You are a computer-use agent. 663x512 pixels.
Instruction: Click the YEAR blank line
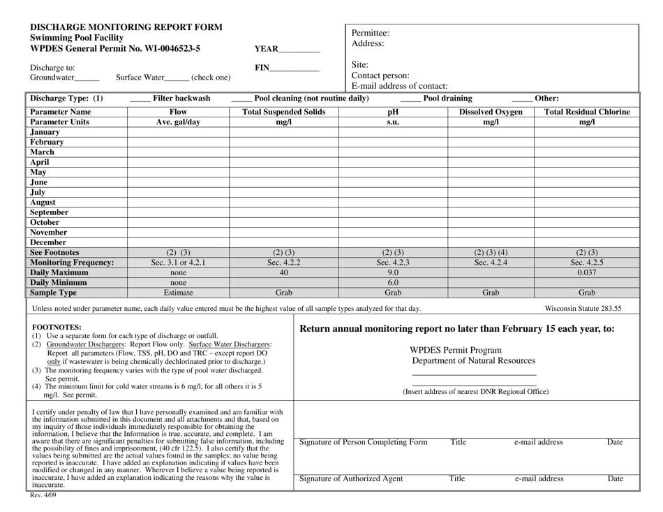point(299,51)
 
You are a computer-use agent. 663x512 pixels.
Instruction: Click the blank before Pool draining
point(410,100)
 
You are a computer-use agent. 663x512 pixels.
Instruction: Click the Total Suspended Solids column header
point(283,111)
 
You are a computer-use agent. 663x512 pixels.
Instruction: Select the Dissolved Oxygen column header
point(491,111)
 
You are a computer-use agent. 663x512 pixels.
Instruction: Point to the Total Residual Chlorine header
point(587,111)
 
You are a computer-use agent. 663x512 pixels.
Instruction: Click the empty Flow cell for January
point(178,131)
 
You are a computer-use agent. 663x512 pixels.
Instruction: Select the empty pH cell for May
point(392,171)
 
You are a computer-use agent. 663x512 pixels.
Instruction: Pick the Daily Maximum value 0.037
point(587,273)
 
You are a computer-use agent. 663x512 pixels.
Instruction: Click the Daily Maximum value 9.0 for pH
point(392,273)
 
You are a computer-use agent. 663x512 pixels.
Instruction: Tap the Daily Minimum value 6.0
point(392,283)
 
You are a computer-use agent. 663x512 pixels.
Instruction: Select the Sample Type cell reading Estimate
point(178,293)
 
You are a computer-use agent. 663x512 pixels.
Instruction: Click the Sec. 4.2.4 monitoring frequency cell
point(491,263)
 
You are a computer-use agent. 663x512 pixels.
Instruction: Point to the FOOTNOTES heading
point(57,326)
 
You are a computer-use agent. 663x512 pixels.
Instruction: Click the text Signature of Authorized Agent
point(350,478)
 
